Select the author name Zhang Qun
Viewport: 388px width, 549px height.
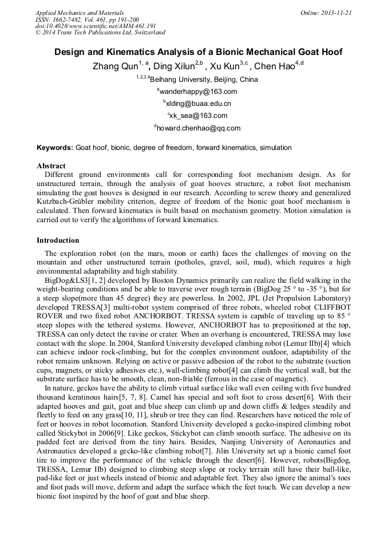(114, 66)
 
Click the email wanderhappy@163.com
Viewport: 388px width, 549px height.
(198, 92)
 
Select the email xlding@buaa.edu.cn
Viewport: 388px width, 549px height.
(198, 104)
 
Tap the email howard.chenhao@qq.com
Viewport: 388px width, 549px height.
(198, 128)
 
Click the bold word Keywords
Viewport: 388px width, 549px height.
(55, 148)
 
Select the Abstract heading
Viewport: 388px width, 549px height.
(51, 166)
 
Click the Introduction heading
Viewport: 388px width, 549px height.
(58, 240)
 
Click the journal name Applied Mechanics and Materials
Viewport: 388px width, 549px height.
(80, 13)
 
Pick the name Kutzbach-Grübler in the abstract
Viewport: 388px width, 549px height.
(70, 202)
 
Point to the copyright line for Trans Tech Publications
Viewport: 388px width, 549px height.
(100, 33)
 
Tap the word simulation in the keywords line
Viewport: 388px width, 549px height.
(275, 148)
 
